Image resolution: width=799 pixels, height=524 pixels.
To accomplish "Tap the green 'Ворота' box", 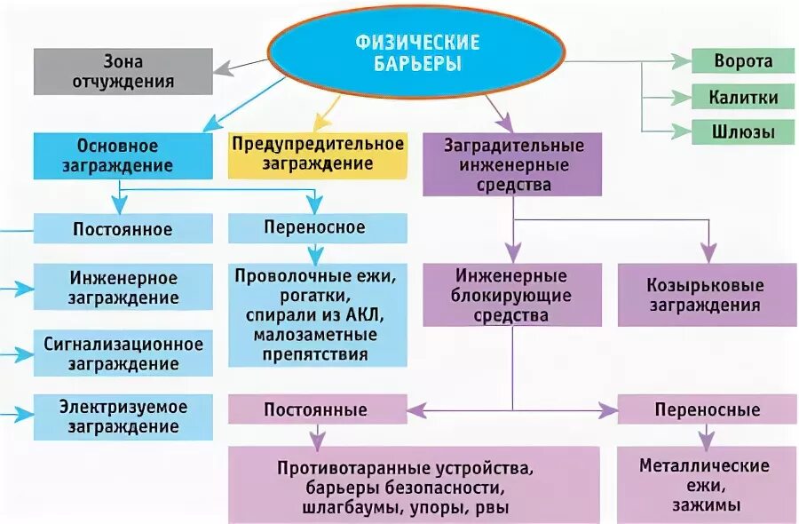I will tap(743, 61).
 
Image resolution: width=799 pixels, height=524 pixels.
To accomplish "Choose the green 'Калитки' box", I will tap(743, 97).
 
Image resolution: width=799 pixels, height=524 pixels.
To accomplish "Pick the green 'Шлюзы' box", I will tap(743, 132).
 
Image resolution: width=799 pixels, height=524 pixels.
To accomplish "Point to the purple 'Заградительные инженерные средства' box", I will tap(513, 164).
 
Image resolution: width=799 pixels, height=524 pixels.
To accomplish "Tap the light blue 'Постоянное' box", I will tap(123, 229).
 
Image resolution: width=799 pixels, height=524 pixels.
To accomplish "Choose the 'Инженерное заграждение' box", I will tap(123, 288).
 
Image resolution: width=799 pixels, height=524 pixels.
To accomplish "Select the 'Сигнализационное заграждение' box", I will tap(123, 353).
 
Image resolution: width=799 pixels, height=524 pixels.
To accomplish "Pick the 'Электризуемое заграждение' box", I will tap(123, 417).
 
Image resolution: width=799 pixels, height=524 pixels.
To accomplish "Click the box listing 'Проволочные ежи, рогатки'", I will tap(316, 315).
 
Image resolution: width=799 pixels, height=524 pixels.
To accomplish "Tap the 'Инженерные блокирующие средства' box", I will tap(511, 294).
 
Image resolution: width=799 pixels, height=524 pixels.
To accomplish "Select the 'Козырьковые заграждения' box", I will tap(708, 294).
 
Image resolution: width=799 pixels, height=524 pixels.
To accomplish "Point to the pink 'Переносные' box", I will tap(708, 409).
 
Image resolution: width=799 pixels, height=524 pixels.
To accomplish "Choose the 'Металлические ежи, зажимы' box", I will tap(708, 485).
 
